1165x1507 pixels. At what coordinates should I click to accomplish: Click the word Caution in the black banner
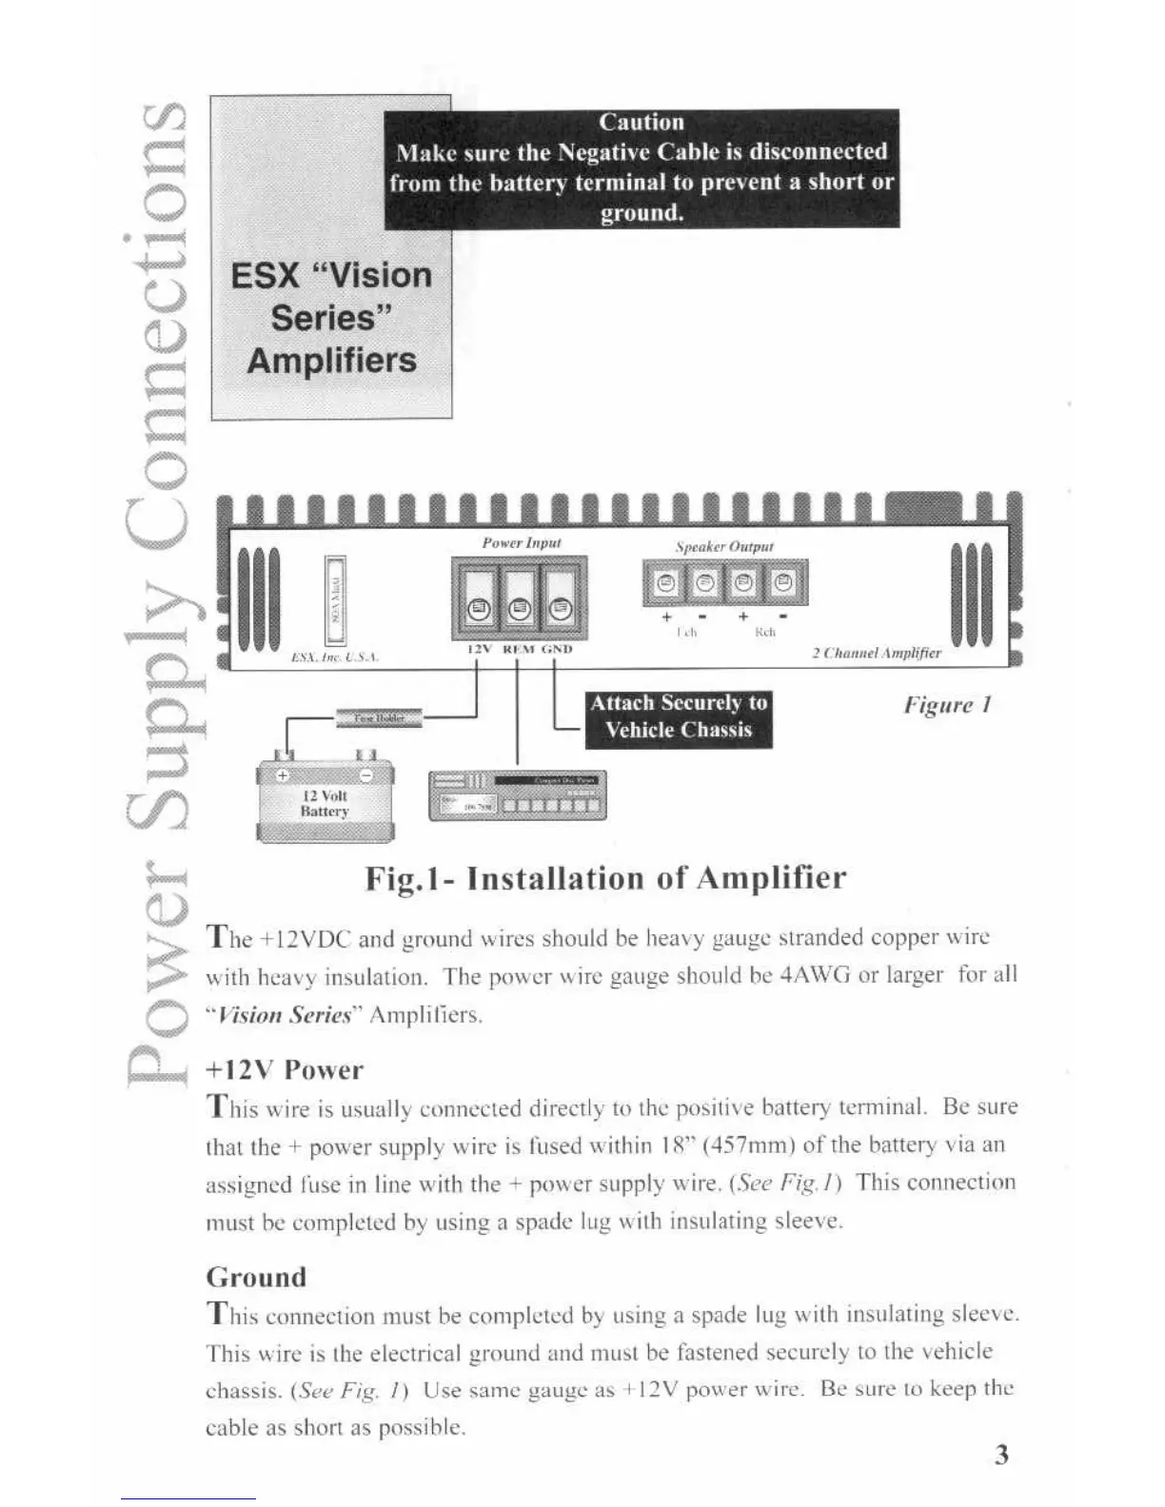[x=641, y=122]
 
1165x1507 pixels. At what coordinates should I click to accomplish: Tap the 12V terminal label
[x=476, y=649]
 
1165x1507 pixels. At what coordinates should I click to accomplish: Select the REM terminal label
[x=518, y=649]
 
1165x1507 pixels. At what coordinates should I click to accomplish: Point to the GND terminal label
[x=557, y=649]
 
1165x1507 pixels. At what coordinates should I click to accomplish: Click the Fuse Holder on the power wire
[x=379, y=718]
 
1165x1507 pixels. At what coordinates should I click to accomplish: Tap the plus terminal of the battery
[x=282, y=774]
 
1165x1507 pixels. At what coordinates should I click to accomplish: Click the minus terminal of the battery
[x=376, y=774]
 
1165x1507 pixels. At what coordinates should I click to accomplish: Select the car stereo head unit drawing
[x=517, y=794]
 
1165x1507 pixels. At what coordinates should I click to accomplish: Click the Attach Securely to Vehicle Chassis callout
[x=678, y=716]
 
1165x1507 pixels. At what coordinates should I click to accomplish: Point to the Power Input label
[x=521, y=542]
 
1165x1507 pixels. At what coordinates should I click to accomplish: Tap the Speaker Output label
[x=723, y=546]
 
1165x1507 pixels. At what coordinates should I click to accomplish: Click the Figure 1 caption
[x=947, y=705]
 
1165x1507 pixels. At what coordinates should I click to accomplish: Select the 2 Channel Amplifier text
[x=876, y=653]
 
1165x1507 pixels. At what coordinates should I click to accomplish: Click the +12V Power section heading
[x=285, y=1069]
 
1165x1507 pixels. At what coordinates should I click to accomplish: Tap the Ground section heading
[x=256, y=1277]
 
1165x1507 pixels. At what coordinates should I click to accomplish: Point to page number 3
[x=1000, y=1455]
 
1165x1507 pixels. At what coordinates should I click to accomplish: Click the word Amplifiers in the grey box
[x=331, y=361]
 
